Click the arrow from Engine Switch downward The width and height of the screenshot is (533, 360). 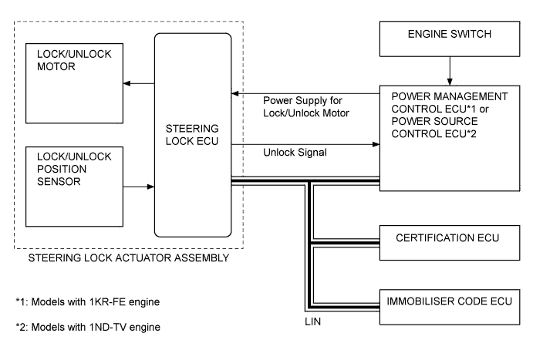point(450,74)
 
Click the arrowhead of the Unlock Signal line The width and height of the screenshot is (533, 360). point(376,143)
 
